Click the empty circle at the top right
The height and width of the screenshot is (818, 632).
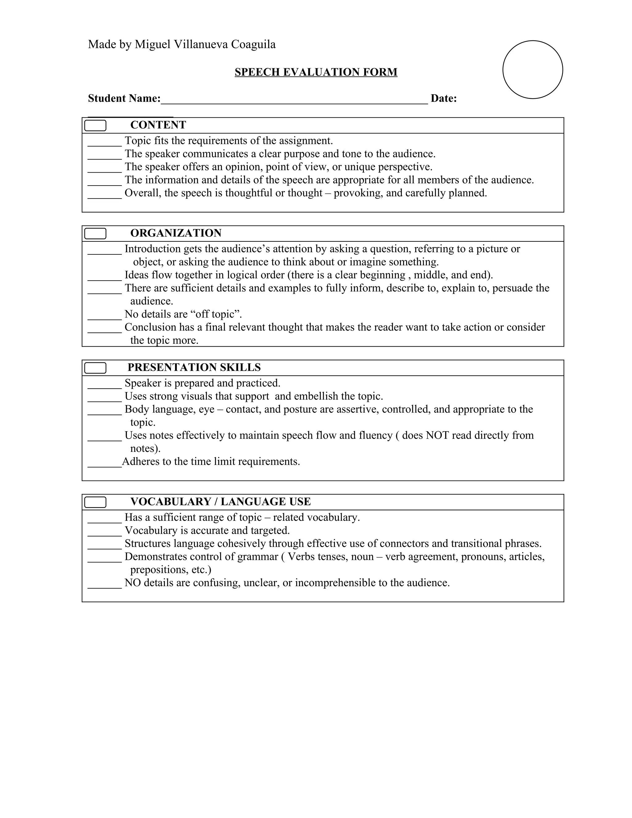coord(532,70)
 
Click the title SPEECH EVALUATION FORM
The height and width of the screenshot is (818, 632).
coord(316,72)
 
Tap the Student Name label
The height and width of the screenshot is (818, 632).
coord(124,98)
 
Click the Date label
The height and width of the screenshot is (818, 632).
coord(443,98)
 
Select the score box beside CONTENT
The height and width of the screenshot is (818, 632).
coord(95,125)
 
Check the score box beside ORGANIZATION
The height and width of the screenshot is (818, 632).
coord(95,233)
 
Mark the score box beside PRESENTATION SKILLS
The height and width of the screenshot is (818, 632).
coord(95,368)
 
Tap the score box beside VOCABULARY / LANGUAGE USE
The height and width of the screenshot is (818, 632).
coord(95,502)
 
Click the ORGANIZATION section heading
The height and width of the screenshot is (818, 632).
coord(176,233)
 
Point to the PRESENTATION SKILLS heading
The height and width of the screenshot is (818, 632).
coord(194,367)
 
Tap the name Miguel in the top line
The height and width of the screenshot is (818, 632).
coord(153,44)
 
